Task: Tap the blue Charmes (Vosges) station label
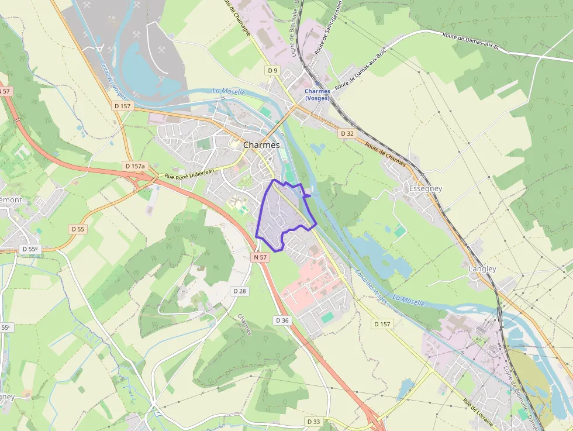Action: pos(317,94)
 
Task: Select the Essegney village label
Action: pos(425,188)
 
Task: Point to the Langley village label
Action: pos(482,268)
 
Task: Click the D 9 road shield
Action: pos(272,70)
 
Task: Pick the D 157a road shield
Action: pos(134,166)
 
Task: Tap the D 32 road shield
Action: pos(347,133)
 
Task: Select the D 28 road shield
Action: pos(239,291)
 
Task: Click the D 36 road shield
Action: pos(282,320)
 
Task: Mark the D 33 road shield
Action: pos(313,421)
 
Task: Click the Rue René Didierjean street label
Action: pos(189,173)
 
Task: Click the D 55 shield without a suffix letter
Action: pos(78,229)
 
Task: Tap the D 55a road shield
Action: pos(29,249)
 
